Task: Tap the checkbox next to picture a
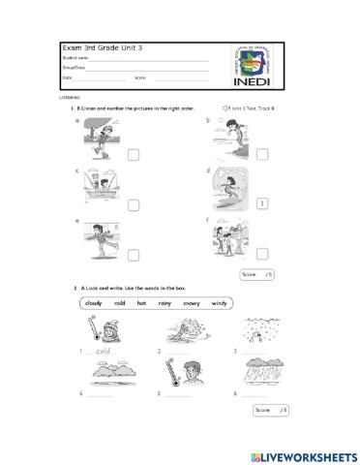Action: pos(133,153)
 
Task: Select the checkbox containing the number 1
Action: pos(261,203)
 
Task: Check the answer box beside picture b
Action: pos(261,153)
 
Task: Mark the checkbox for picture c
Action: pos(133,203)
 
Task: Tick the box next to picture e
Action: pos(133,254)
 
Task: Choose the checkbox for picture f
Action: pos(261,254)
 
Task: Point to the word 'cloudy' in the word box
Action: pos(94,303)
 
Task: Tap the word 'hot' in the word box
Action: pos(142,303)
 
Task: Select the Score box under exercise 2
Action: pos(270,411)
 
